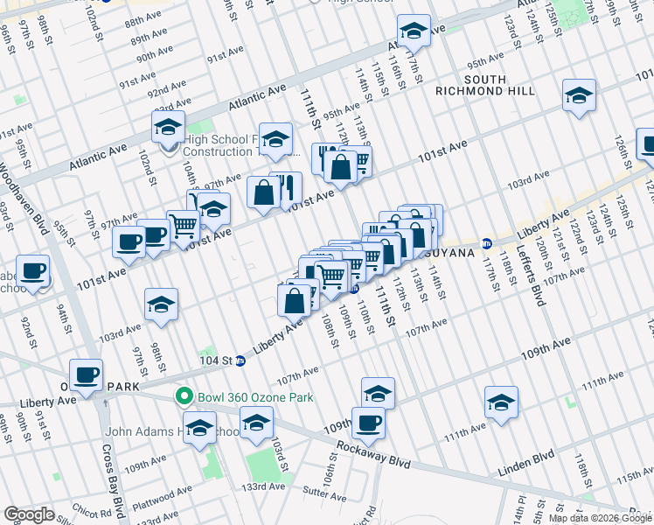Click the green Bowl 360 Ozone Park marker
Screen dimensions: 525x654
(184, 396)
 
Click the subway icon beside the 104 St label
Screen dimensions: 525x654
(240, 360)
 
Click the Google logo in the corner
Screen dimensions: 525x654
(30, 514)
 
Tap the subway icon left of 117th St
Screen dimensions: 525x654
(488, 241)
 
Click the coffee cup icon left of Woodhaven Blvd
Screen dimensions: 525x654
(33, 270)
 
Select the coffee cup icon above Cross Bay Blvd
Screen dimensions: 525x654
(87, 374)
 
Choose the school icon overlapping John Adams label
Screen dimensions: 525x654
(200, 428)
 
